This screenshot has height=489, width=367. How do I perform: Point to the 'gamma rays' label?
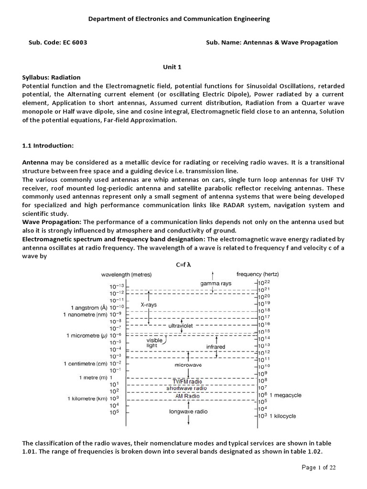point(216,283)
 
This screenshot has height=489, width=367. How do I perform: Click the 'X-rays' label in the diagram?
point(149,304)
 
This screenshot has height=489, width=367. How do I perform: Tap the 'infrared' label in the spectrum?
point(216,346)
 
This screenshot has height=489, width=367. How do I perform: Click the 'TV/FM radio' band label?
point(187,381)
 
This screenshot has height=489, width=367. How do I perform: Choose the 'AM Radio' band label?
point(187,396)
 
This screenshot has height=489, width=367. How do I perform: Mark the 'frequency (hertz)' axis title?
point(258,274)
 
